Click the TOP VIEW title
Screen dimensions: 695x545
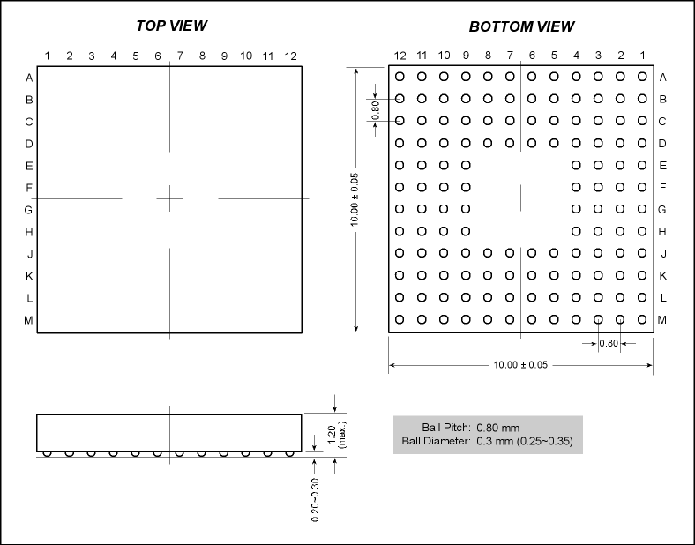pyautogui.click(x=171, y=26)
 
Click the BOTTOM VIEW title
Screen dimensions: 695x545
pyautogui.click(x=521, y=26)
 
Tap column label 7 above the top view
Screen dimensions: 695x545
pyautogui.click(x=180, y=56)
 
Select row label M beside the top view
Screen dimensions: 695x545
pyautogui.click(x=28, y=320)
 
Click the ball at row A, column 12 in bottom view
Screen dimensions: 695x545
pyautogui.click(x=400, y=77)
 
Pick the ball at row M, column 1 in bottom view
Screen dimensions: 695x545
pyautogui.click(x=642, y=319)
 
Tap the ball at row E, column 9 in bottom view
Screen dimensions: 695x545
pyautogui.click(x=466, y=165)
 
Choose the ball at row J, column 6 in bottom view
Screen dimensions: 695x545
pyautogui.click(x=532, y=253)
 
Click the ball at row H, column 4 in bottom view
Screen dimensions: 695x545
pyautogui.click(x=576, y=231)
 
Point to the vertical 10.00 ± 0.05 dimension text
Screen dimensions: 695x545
pyautogui.click(x=355, y=199)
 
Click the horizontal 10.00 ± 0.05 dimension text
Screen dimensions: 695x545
pyautogui.click(x=520, y=365)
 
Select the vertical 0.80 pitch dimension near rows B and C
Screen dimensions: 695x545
pyautogui.click(x=376, y=110)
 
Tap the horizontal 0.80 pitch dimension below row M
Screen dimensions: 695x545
pyautogui.click(x=609, y=343)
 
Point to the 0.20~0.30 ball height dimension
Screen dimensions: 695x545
pyautogui.click(x=315, y=500)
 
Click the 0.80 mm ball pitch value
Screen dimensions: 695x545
pyautogui.click(x=497, y=428)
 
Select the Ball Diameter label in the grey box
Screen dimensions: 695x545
pyautogui.click(x=437, y=441)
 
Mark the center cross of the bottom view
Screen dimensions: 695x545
pyautogui.click(x=520, y=198)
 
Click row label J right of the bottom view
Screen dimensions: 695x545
pyautogui.click(x=663, y=253)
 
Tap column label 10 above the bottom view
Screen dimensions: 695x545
pyautogui.click(x=444, y=55)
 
